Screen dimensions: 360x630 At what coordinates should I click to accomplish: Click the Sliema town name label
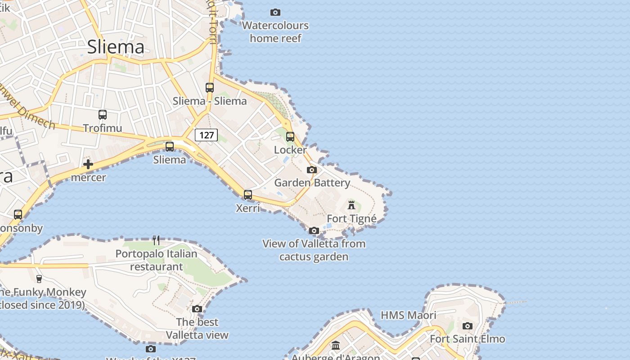click(116, 47)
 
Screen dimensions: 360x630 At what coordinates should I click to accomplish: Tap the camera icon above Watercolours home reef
click(275, 12)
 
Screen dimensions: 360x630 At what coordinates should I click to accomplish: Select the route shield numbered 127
click(207, 135)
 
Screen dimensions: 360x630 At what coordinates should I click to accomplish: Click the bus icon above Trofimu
click(103, 115)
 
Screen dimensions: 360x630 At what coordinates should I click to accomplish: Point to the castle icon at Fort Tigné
click(351, 205)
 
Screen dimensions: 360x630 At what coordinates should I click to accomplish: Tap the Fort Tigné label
click(351, 219)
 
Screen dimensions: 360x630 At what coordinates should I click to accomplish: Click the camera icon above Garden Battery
click(312, 170)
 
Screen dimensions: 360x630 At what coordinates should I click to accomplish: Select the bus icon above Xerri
click(248, 195)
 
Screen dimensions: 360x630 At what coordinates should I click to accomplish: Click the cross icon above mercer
click(88, 164)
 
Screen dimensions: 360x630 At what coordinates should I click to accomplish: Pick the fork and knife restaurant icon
click(156, 240)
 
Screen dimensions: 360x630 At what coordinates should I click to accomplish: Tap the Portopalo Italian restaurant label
click(156, 260)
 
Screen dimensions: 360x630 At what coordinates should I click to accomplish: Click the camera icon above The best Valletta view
click(197, 309)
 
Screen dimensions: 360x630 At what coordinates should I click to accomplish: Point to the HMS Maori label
click(409, 315)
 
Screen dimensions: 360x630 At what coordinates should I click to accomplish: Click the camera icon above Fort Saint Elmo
click(468, 326)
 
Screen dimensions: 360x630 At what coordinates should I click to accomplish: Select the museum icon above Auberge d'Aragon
click(336, 346)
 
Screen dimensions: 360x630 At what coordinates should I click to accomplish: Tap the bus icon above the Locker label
click(290, 136)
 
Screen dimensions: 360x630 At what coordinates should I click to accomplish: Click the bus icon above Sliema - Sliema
click(210, 87)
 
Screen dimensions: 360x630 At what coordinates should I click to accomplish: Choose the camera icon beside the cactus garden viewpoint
click(314, 231)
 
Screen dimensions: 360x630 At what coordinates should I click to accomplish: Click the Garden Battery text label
click(312, 183)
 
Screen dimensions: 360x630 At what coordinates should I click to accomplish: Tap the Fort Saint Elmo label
click(468, 339)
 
